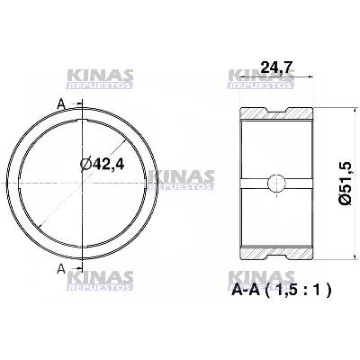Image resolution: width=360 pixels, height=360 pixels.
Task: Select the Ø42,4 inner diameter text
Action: click(105, 166)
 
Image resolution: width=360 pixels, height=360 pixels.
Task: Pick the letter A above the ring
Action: click(61, 104)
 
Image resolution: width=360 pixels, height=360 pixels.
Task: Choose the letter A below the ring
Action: click(61, 268)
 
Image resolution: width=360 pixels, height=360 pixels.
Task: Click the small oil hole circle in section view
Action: click(277, 183)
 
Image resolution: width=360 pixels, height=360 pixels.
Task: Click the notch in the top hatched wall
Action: click(277, 112)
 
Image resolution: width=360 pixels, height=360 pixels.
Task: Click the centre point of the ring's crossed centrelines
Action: click(81, 184)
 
